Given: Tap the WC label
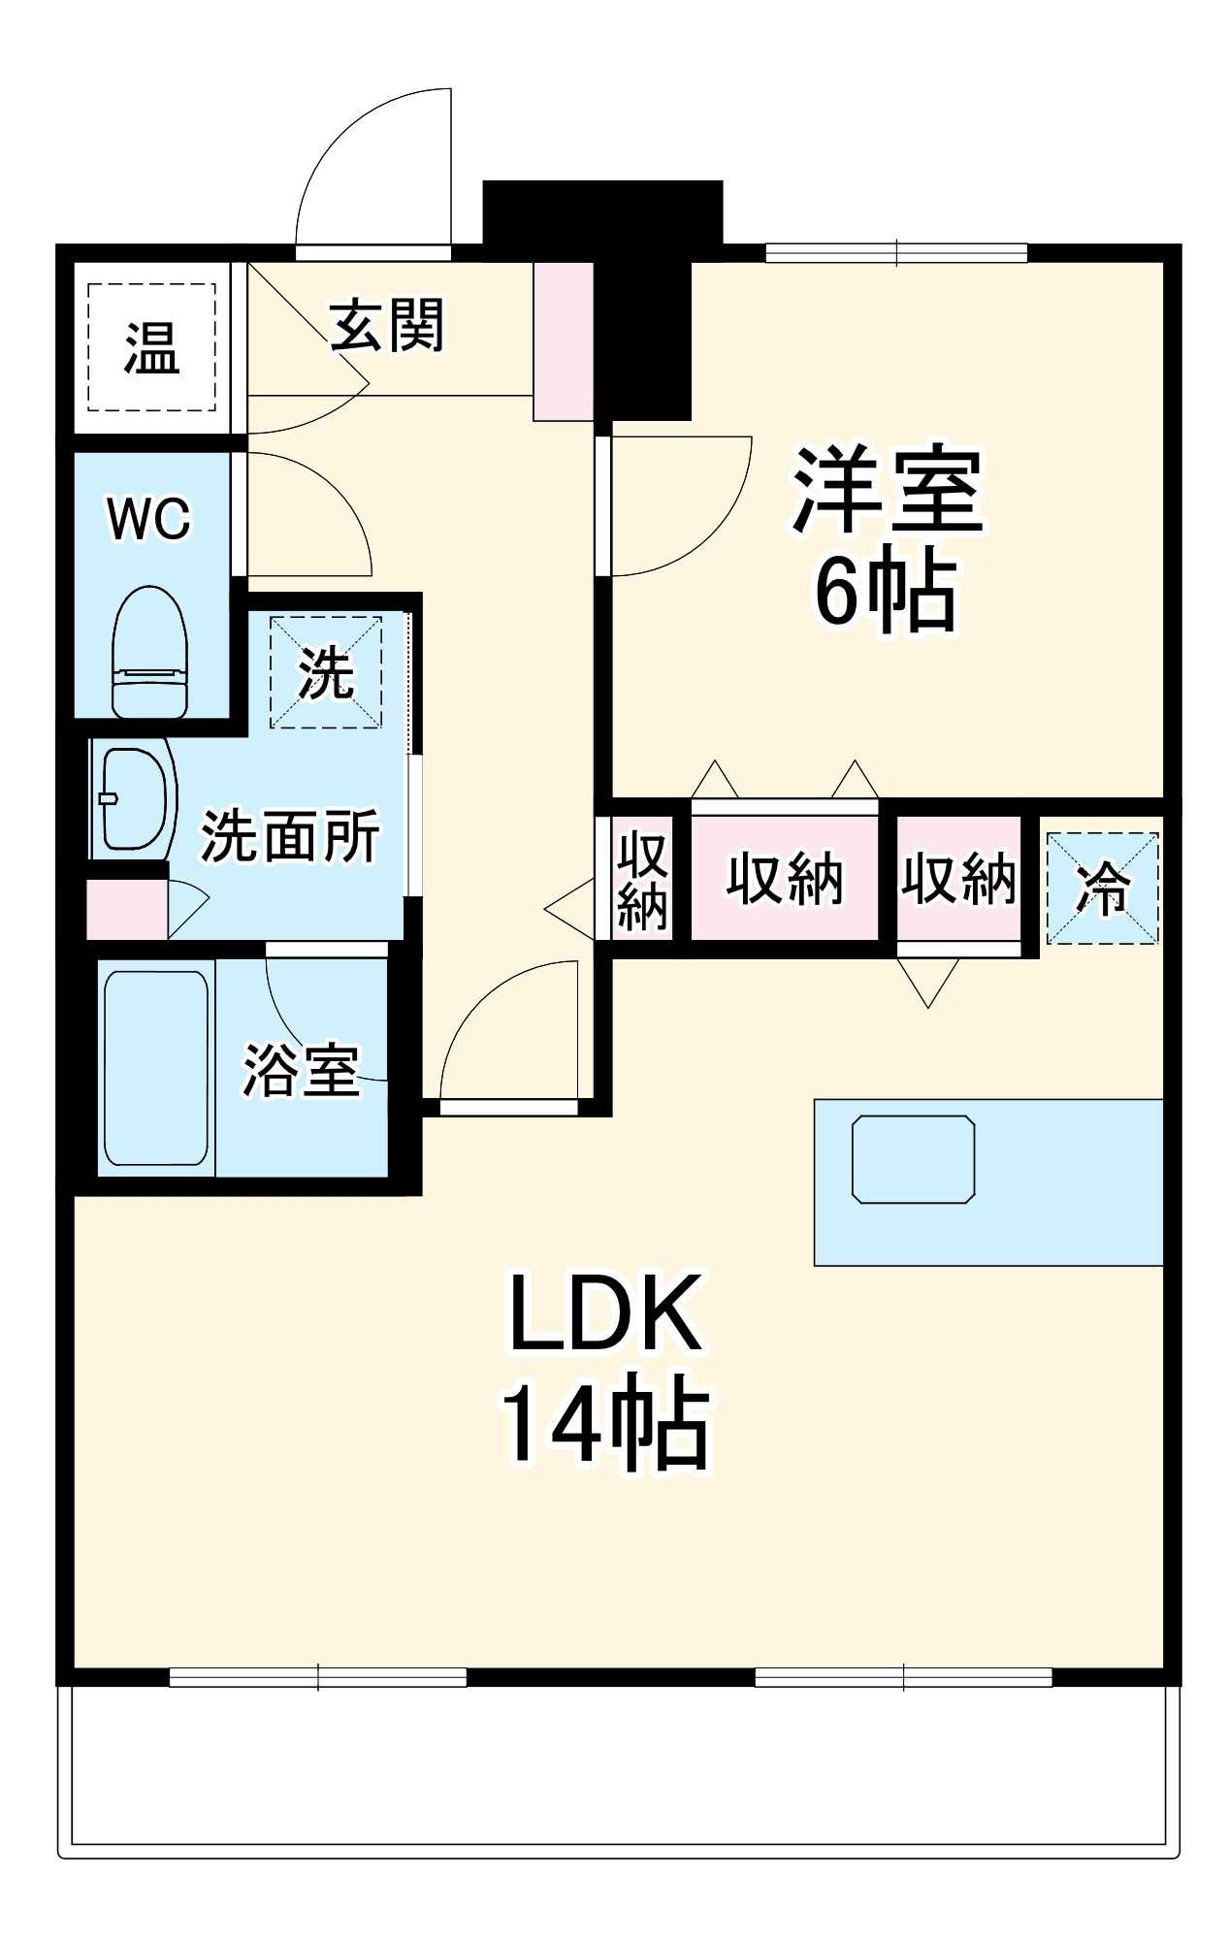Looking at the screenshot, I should tap(149, 518).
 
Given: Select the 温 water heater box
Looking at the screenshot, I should tap(151, 347).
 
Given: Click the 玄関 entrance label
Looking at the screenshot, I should tap(387, 326).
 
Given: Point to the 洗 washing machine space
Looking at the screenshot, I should tap(325, 672).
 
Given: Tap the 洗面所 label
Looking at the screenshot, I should tap(289, 836).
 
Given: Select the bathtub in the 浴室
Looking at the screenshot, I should tap(155, 1068).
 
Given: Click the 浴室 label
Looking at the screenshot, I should tap(301, 1071).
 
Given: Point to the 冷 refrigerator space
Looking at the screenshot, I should tap(1103, 888).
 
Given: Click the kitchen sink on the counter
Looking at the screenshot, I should tap(913, 1159).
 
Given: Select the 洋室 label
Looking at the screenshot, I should tap(887, 491).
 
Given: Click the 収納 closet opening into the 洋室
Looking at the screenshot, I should tap(784, 879).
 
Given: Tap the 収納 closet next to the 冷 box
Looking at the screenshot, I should tap(958, 879).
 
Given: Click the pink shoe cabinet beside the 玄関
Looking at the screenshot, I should tap(564, 341).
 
